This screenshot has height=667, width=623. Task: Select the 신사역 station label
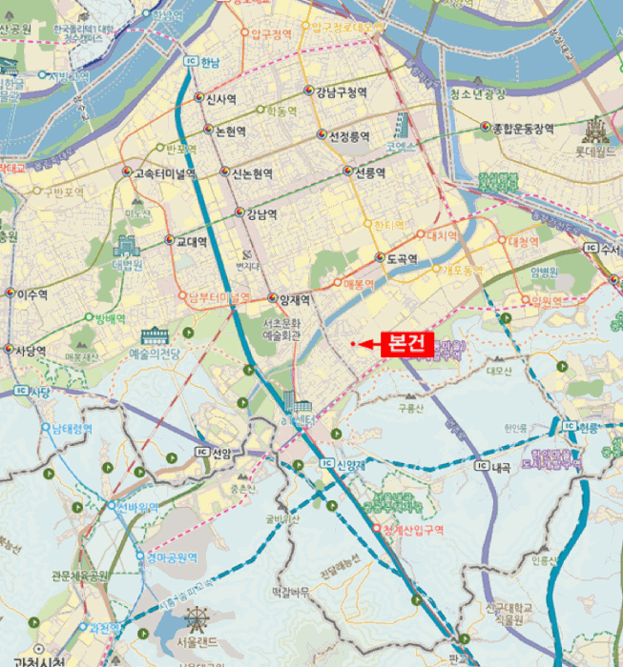[221, 98]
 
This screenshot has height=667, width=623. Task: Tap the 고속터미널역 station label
[165, 173]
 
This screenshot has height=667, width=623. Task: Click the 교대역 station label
[191, 242]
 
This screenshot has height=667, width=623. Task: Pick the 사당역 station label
[31, 351]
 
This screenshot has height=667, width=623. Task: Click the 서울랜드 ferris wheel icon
[195, 625]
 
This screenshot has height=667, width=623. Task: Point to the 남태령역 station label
[72, 429]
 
